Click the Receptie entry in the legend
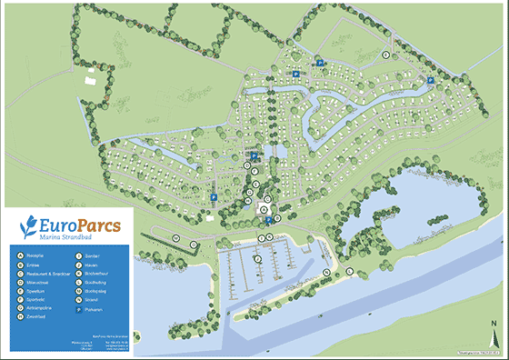(x=41, y=257)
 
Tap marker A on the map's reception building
(x=264, y=210)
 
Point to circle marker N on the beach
(x=326, y=273)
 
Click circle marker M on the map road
(x=175, y=237)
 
